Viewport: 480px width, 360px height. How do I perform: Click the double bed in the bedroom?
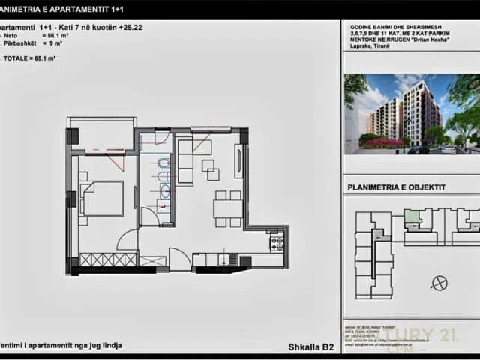(102, 199)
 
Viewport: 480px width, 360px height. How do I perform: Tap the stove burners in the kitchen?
(276, 243)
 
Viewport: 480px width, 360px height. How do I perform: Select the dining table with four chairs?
(228, 208)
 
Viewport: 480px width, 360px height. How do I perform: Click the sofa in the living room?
(185, 157)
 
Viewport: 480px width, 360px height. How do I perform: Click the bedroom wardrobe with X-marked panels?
(108, 259)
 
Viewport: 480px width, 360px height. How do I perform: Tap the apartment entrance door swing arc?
(179, 259)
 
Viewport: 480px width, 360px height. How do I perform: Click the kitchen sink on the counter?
(223, 259)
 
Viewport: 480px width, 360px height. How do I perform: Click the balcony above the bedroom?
(101, 135)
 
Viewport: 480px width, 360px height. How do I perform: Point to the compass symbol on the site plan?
(439, 282)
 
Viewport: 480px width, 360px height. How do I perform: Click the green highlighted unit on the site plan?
(412, 217)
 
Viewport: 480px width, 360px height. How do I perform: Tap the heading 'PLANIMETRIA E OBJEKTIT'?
(397, 187)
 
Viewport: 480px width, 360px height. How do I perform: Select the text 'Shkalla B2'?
(310, 346)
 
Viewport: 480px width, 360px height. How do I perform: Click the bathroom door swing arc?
(150, 216)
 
